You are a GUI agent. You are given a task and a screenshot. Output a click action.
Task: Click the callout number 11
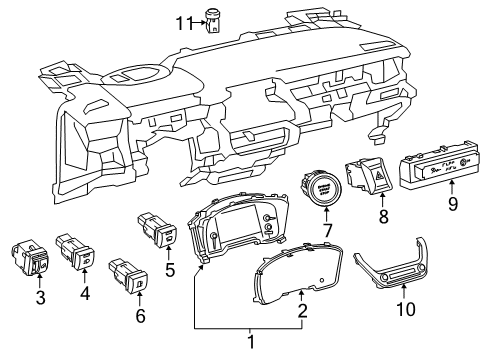[181, 19]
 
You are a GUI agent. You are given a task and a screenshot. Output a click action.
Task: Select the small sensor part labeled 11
[213, 18]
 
